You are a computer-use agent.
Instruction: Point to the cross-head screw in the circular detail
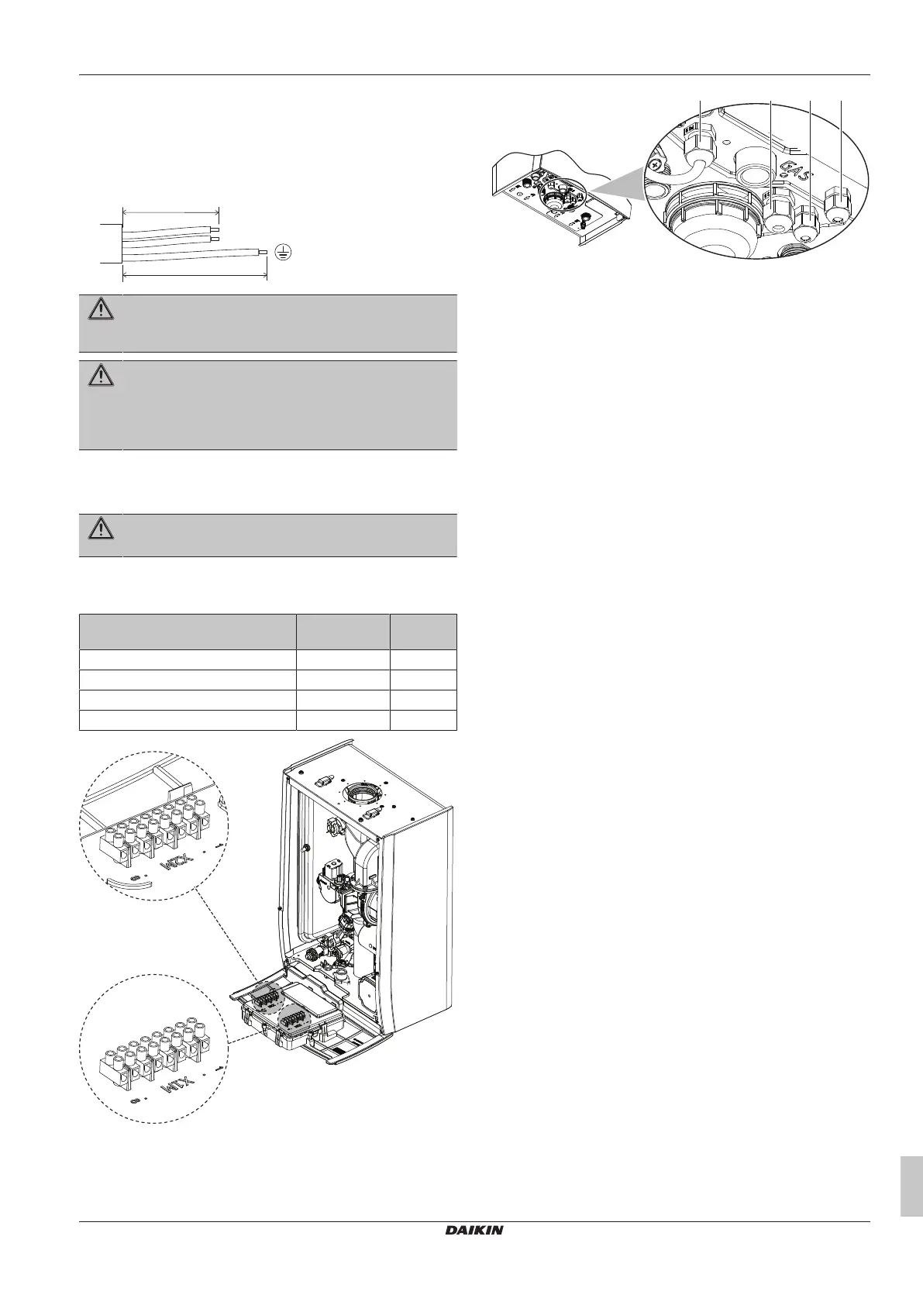[659, 166]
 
